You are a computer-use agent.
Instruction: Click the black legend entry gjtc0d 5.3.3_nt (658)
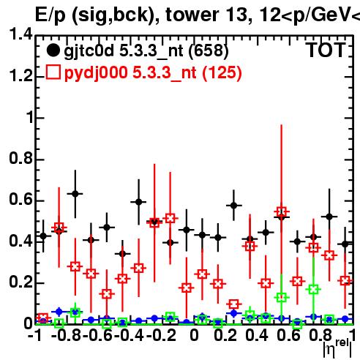point(146,50)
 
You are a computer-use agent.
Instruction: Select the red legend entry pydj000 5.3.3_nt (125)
point(153,72)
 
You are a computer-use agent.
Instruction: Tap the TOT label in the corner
point(326,50)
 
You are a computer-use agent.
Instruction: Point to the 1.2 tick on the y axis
point(20,76)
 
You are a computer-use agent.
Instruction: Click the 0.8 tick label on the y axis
point(20,159)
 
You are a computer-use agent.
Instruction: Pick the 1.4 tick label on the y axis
point(20,34)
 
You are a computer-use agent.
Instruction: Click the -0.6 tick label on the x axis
point(98,336)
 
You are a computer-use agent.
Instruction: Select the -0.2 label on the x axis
point(161,336)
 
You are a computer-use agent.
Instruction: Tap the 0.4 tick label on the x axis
point(257,336)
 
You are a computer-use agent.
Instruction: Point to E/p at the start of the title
point(50,15)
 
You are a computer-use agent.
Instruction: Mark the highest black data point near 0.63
point(75,194)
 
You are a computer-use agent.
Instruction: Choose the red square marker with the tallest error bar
point(282,211)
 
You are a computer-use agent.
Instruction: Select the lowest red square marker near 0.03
point(43,318)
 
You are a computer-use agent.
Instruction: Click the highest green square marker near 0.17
point(314,290)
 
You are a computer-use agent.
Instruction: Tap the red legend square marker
point(53,72)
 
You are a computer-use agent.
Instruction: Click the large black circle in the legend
point(53,50)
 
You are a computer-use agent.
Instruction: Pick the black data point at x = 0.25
point(233,206)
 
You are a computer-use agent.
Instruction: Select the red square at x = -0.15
point(170,218)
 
